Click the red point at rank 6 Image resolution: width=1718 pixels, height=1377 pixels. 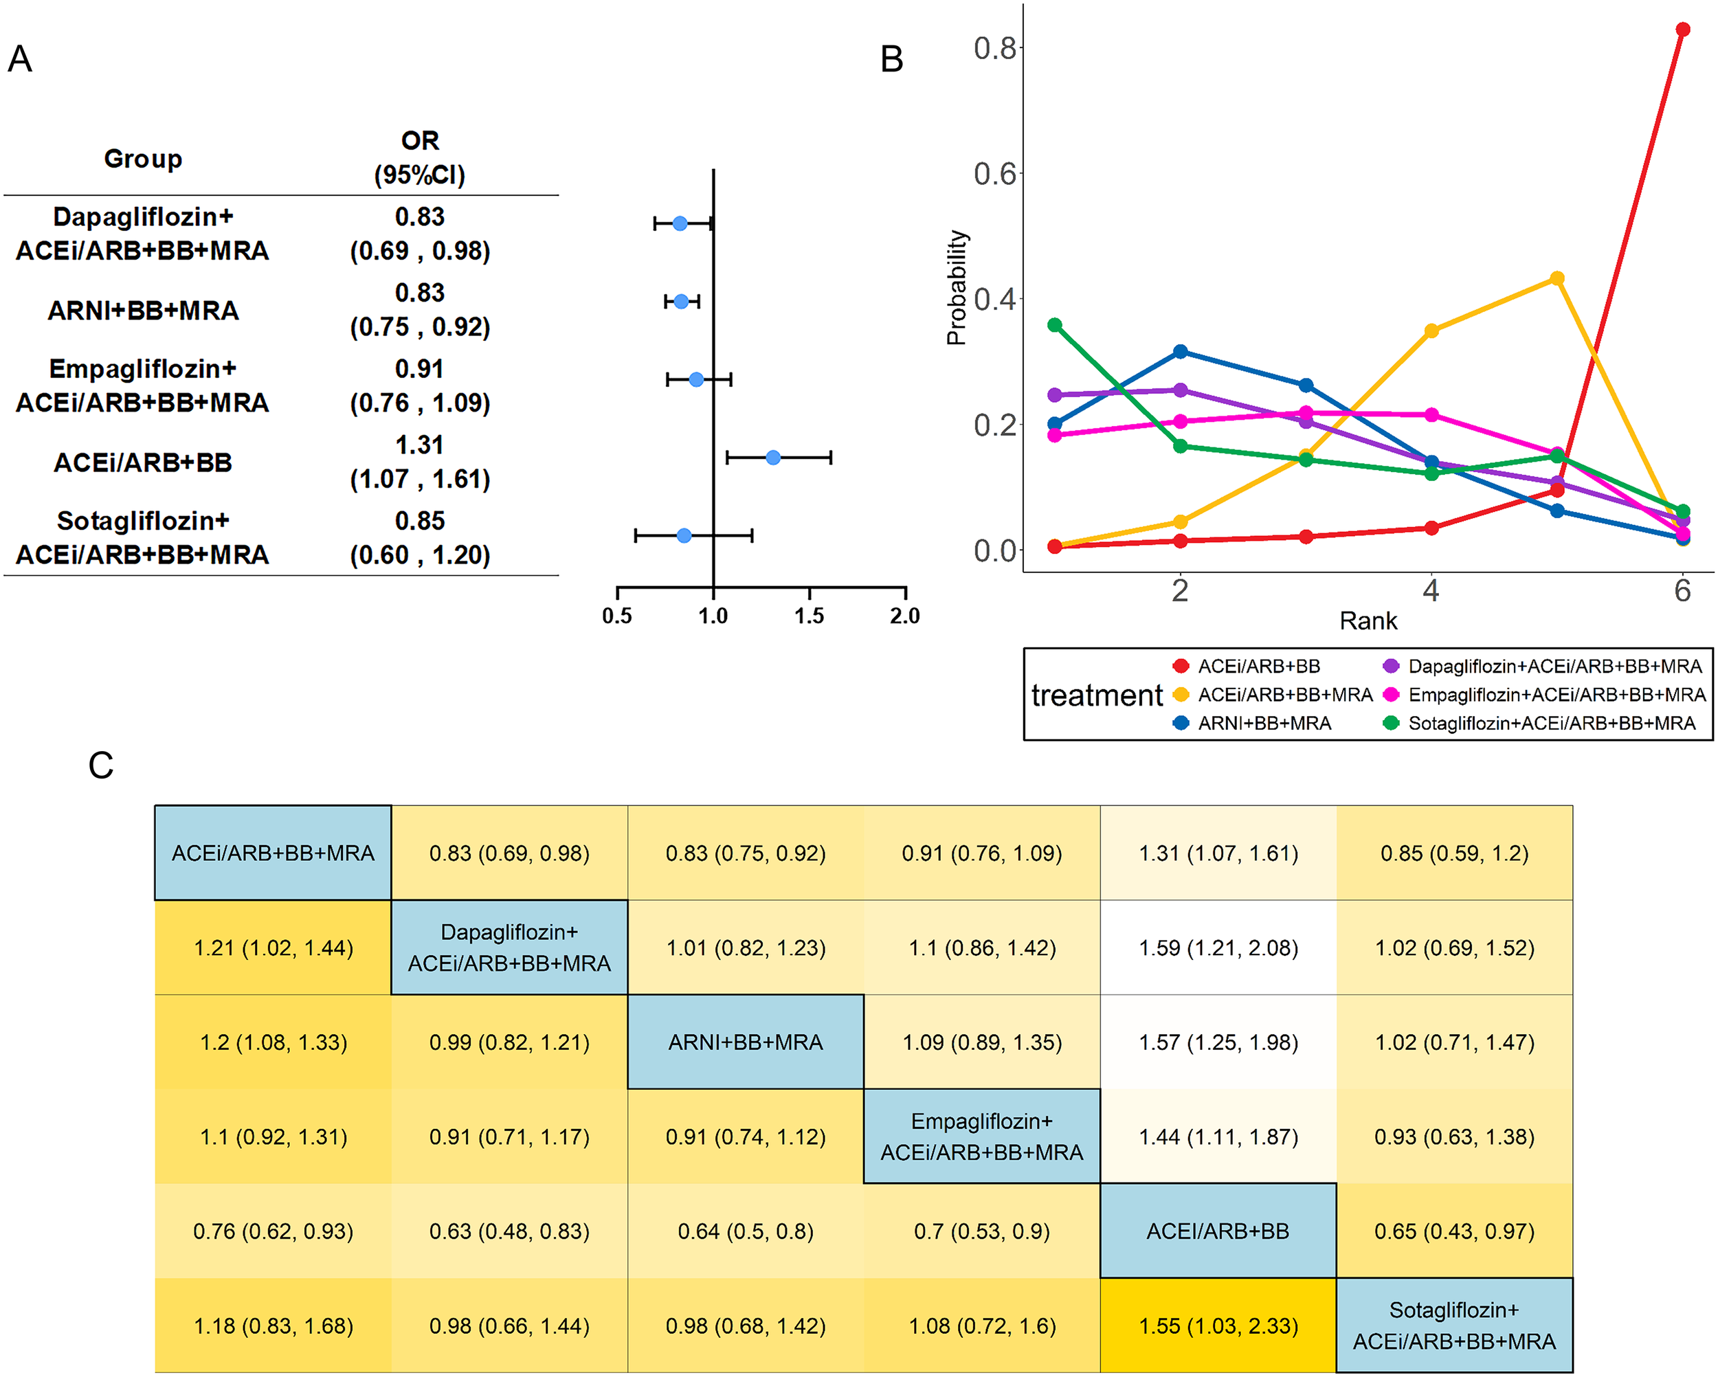(1682, 30)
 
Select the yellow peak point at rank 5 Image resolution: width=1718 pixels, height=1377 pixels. (1557, 278)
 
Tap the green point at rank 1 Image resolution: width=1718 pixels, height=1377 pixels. (1055, 325)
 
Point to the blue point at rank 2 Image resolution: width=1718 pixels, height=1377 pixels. (1181, 351)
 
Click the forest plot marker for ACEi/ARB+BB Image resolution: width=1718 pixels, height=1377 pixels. (773, 458)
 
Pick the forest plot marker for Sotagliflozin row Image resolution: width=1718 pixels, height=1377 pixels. (684, 535)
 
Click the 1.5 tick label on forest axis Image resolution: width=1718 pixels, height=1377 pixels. (809, 615)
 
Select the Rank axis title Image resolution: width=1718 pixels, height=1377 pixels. (1368, 620)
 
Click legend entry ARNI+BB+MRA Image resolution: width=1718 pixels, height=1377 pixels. (1264, 723)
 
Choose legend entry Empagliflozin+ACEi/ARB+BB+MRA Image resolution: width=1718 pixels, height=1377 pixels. (1555, 695)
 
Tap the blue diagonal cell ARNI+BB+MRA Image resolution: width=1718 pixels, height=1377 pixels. (745, 1042)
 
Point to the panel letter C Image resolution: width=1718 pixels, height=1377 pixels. (100, 765)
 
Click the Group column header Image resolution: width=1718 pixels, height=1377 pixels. (144, 159)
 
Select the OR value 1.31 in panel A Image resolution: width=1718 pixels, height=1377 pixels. (419, 445)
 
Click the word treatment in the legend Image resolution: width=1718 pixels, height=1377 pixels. (1097, 695)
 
